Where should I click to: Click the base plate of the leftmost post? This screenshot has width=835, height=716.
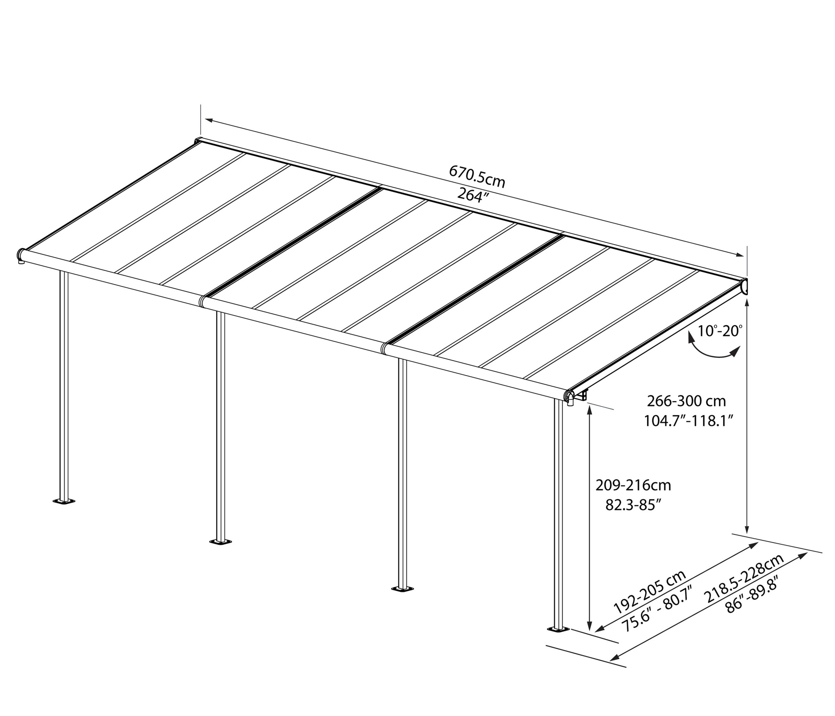tap(64, 501)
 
